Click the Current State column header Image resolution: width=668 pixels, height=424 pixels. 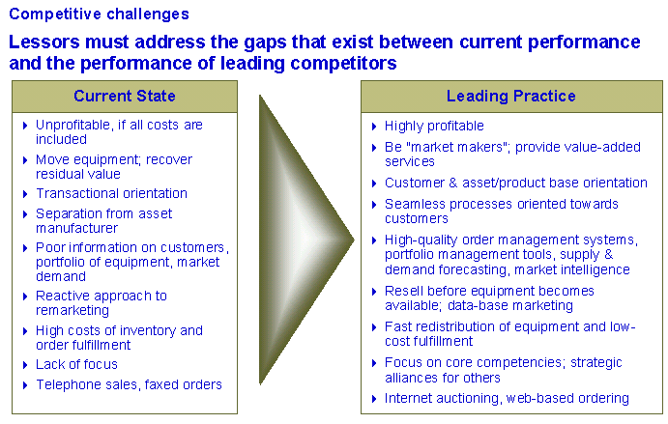pos(125,97)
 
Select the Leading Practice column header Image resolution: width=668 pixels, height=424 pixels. pos(511,97)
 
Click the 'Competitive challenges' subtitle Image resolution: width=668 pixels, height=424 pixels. pos(99,14)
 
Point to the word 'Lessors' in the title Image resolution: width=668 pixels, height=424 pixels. pos(44,42)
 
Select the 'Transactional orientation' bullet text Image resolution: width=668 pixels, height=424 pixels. pos(111,194)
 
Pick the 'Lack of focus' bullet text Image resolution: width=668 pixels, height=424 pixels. pos(76,364)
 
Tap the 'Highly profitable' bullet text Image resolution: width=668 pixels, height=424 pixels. pos(434,126)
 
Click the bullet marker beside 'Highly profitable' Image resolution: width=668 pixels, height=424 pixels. pos(374,127)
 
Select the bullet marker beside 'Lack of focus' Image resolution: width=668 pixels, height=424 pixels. pos(25,365)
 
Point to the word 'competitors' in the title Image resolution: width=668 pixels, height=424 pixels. pos(343,64)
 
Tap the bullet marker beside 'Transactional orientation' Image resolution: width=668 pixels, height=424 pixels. pos(25,194)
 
